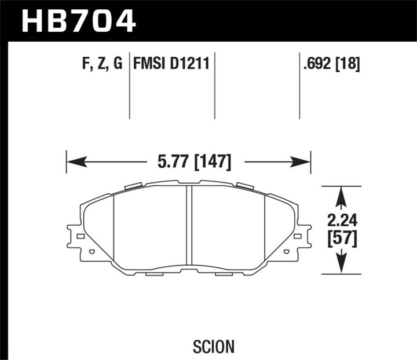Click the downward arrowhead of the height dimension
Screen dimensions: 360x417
tap(342, 265)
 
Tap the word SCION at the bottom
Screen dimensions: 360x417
tap(214, 330)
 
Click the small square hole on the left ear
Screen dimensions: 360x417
tap(81, 236)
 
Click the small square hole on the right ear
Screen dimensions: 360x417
tap(297, 236)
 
